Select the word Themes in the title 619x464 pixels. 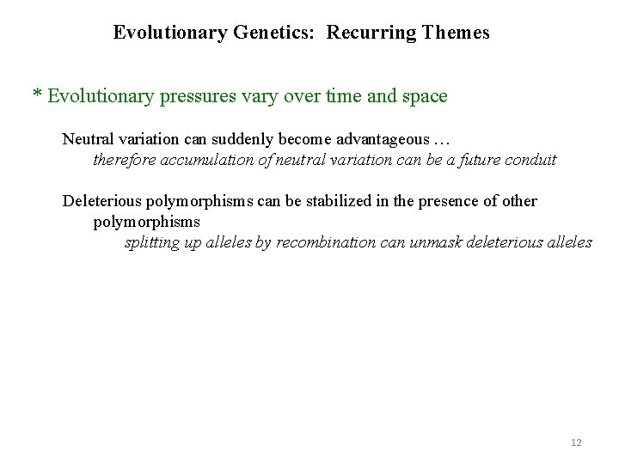(x=457, y=34)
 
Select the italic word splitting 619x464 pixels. (x=152, y=243)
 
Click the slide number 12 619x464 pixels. (x=576, y=443)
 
